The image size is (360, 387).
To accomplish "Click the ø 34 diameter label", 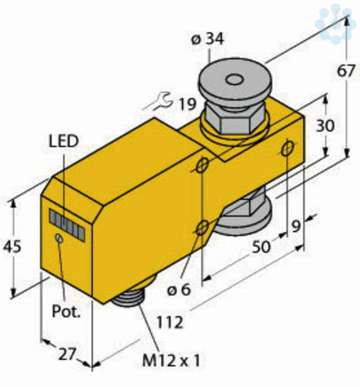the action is point(207,39).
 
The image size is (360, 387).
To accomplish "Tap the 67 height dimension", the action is point(346,71).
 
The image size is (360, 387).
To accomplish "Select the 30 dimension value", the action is point(325,125).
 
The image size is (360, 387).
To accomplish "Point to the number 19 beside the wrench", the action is point(187,104).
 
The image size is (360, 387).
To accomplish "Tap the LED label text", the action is point(64,141).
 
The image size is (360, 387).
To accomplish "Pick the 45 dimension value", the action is point(12,246).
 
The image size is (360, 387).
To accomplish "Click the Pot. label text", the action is point(66,312).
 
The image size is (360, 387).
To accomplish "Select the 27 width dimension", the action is point(66,354).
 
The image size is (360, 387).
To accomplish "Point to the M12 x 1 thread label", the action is point(171,361).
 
